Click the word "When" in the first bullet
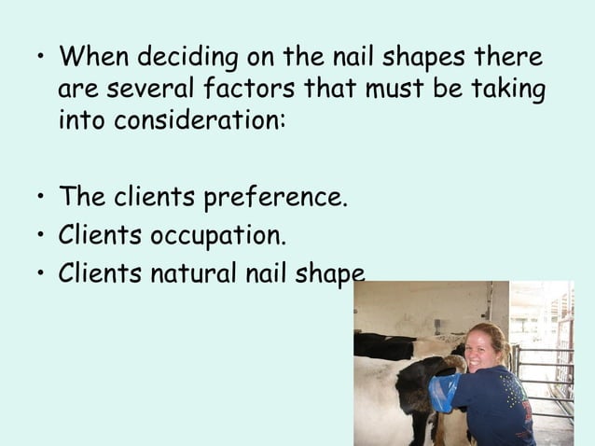point(94,57)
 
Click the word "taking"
point(507,90)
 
